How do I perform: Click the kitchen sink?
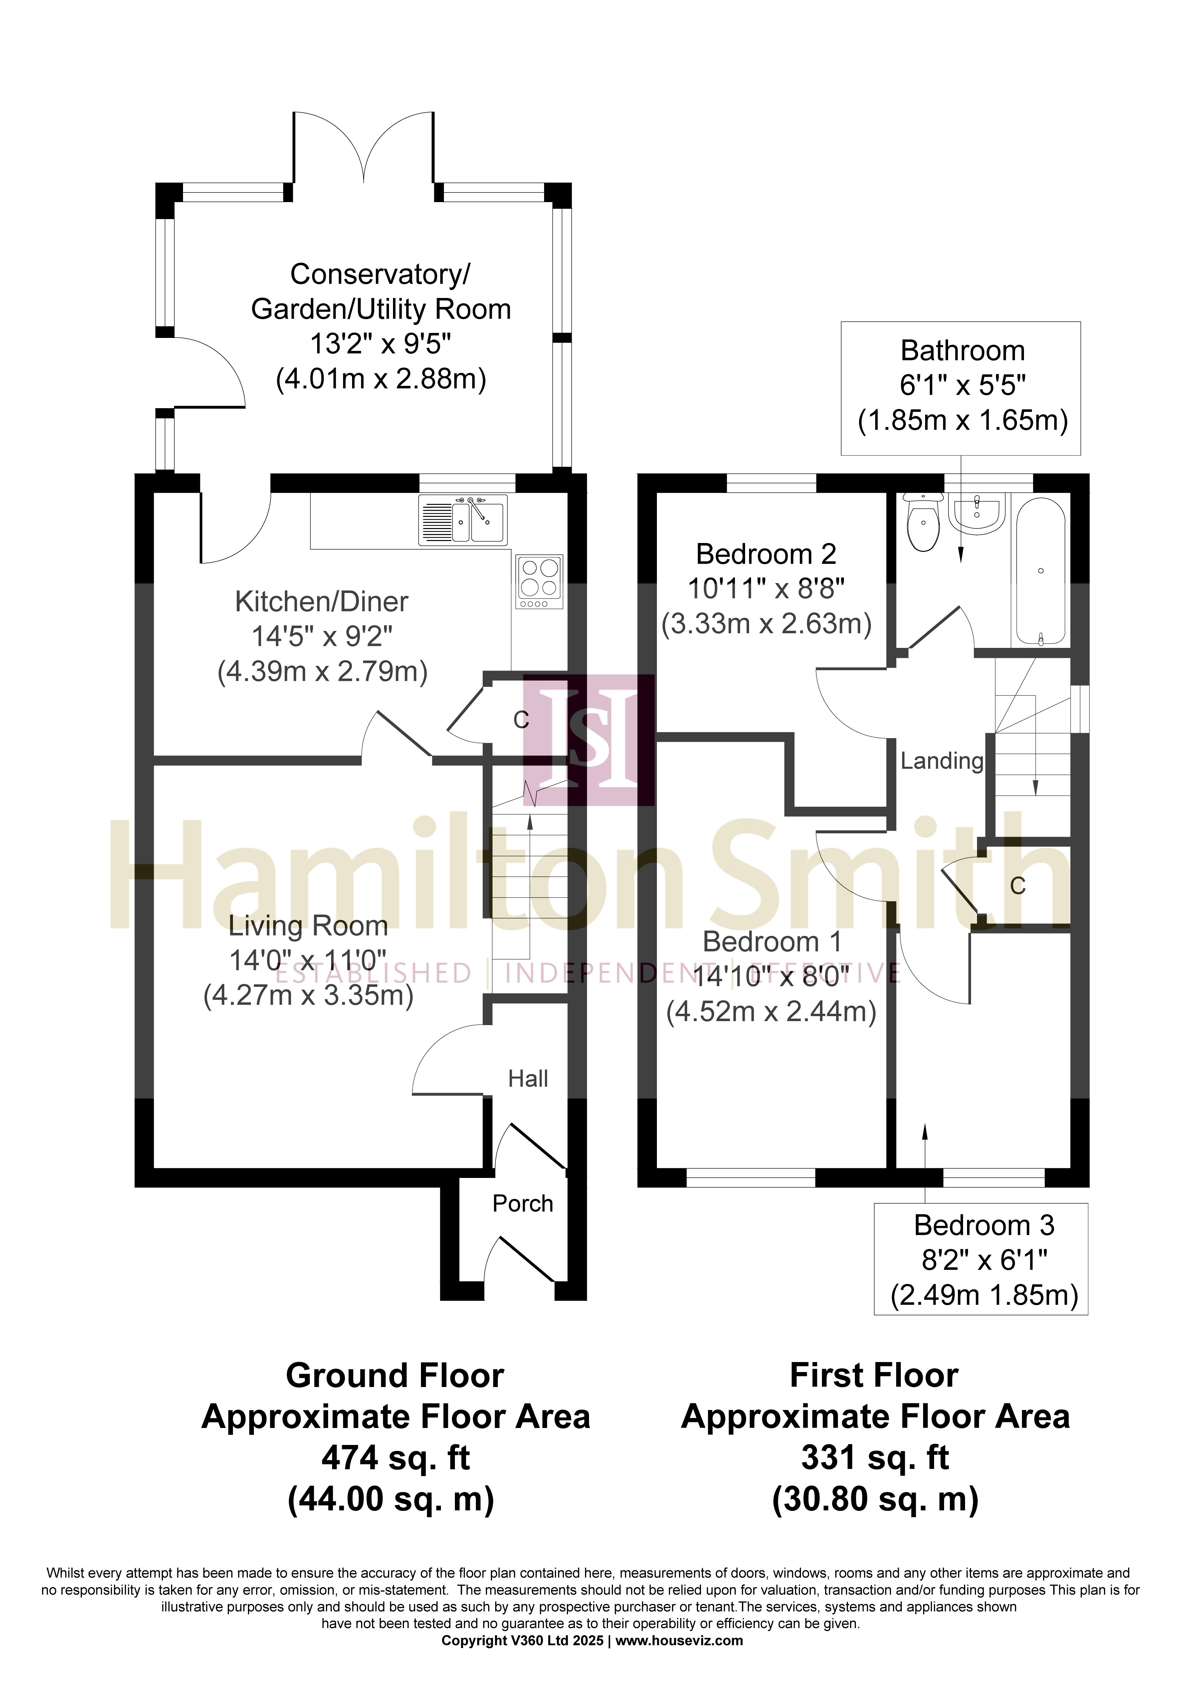coord(463,520)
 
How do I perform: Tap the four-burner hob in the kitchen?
coord(540,582)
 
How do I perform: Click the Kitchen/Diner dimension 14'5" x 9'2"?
coord(322,637)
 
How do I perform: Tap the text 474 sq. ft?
coord(396,1458)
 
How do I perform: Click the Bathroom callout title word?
coord(962,351)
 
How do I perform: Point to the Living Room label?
coord(308,926)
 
